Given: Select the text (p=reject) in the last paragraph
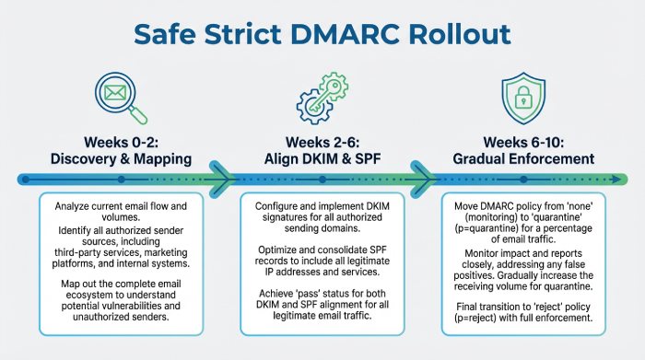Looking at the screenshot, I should [489, 319].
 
